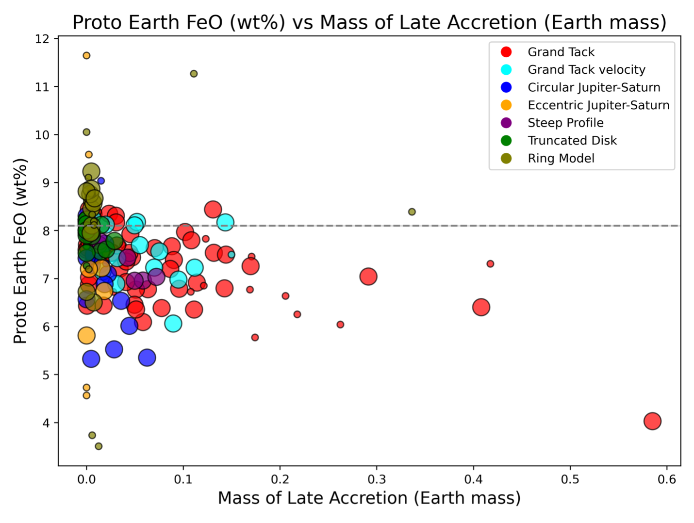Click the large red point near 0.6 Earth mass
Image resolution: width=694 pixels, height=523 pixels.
652,421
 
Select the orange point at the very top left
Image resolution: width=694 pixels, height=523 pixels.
86,55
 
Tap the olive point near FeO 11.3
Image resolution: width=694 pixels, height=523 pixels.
194,74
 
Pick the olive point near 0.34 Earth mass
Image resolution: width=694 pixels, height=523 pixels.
412,212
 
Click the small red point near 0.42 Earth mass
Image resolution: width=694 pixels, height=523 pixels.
490,264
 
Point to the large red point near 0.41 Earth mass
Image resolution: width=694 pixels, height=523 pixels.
481,307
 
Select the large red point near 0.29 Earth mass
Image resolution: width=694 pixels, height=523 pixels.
368,277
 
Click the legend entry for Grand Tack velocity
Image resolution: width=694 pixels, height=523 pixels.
586,70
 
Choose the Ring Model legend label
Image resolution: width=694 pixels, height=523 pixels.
561,158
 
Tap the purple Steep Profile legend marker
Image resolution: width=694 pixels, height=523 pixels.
506,123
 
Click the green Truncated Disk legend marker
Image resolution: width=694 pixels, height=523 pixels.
506,141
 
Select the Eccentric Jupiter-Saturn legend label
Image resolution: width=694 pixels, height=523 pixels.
598,105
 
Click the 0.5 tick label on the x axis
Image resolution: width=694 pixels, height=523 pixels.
570,479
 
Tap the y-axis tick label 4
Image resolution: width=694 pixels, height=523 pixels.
46,423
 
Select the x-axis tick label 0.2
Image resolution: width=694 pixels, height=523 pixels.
280,479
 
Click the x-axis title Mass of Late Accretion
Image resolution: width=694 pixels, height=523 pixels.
369,498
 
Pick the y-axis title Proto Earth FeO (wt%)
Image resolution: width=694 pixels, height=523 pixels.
20,251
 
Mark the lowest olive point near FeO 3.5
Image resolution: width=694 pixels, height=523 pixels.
99,446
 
